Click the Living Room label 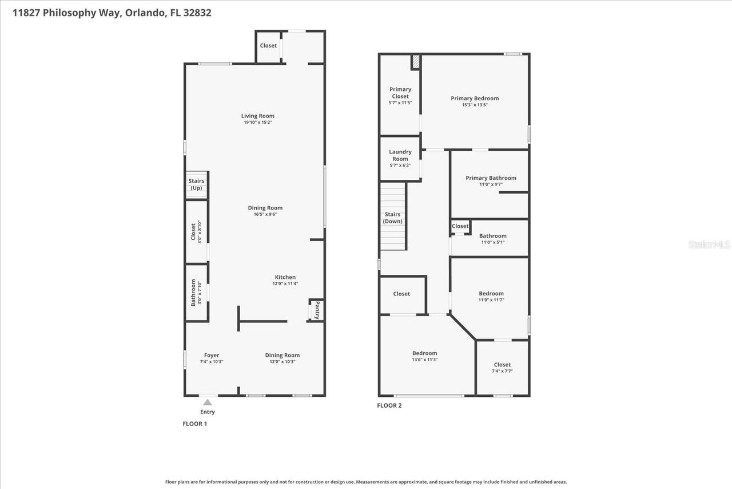point(257,116)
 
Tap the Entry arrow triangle point(207,403)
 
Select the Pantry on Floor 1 point(316,310)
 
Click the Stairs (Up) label point(196,184)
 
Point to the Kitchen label point(284,277)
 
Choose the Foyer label point(211,355)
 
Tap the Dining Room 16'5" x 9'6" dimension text point(265,215)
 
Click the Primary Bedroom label point(474,98)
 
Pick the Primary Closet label point(400,93)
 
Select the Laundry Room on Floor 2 point(400,155)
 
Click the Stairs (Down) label point(393,218)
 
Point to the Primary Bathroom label point(491,178)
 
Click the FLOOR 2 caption point(389,405)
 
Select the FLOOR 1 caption point(194,424)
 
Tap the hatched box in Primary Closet point(416,62)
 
